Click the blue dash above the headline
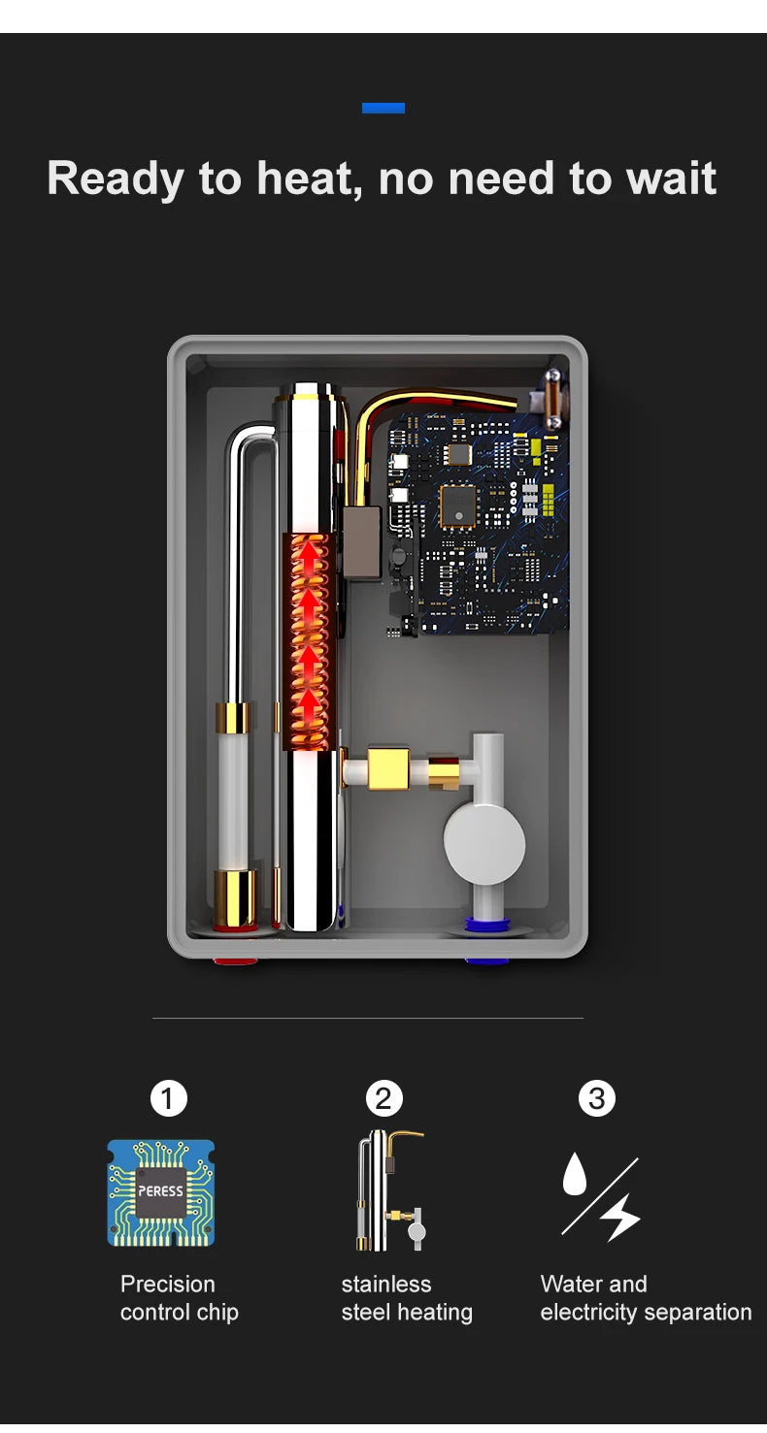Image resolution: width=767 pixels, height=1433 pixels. coord(383,108)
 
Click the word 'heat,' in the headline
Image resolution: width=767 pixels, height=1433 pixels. coord(309,179)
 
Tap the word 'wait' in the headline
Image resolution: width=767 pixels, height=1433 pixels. coord(671,179)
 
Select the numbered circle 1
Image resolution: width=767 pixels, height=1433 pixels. coord(168,1098)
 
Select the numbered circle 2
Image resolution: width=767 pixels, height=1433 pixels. coord(383,1098)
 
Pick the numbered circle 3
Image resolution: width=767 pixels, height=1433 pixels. coord(596,1098)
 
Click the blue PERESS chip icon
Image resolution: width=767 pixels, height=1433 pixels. coord(160,1192)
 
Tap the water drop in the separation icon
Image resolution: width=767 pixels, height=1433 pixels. coord(576,1174)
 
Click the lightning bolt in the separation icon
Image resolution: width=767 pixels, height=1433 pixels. coord(621,1217)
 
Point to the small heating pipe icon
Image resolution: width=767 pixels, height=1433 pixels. coord(388,1191)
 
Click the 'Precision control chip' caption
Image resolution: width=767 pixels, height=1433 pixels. coord(179,1298)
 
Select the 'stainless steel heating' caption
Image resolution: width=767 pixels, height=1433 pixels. coord(406,1298)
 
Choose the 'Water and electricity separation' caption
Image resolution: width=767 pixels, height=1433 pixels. coord(646,1298)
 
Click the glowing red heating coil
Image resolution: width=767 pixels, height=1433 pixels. coord(310,640)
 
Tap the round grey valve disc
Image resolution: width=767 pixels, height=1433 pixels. coord(484,843)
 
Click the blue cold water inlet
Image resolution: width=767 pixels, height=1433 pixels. coord(486,961)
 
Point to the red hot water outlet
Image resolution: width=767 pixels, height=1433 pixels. coord(235,961)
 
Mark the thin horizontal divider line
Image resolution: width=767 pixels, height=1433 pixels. coord(368,1018)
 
